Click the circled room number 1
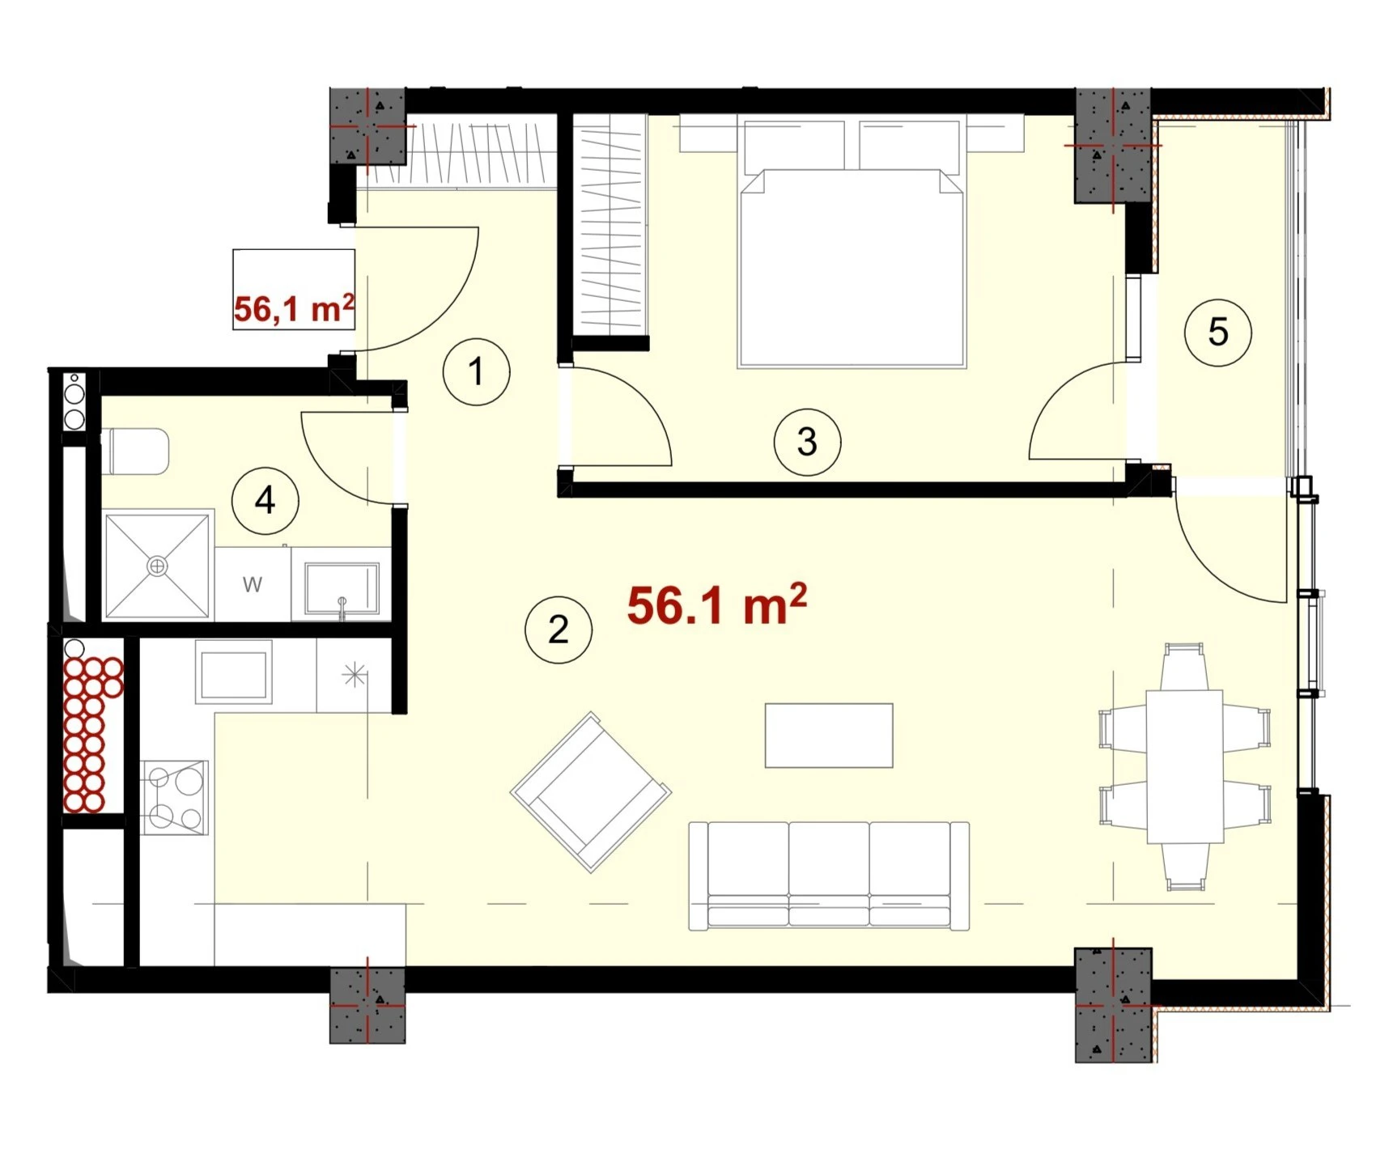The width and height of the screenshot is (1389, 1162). pos(476,371)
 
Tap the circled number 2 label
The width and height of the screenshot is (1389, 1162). pos(559,630)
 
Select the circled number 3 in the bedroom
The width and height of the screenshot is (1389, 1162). pos(807,442)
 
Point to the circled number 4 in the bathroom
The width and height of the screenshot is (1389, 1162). pos(265,501)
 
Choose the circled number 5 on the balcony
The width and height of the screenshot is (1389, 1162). pos(1217,332)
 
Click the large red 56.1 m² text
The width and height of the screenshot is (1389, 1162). pos(717,604)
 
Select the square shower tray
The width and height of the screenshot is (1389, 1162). pos(157,566)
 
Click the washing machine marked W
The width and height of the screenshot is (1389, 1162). pos(253,584)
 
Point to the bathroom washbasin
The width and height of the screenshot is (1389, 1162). pos(341,588)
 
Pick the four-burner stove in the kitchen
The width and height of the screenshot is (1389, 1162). pos(175,798)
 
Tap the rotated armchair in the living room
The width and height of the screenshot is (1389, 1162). pos(591,792)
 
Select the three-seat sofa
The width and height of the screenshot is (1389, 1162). pos(829,876)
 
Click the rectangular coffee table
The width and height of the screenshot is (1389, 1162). pos(829,736)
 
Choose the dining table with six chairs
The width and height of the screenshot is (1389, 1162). pos(1184,766)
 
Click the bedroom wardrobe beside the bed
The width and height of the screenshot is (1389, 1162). pos(610,224)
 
